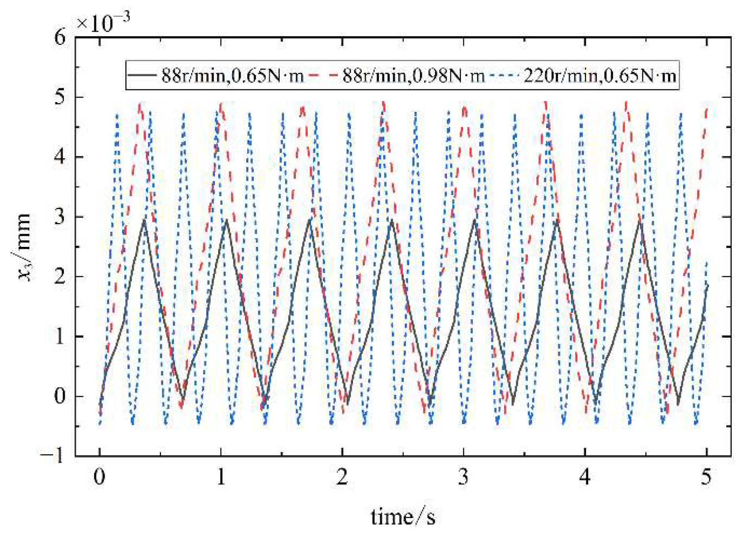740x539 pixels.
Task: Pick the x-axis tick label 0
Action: (x=100, y=477)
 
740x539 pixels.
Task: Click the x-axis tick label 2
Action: (x=342, y=477)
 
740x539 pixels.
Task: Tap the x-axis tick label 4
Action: (x=585, y=477)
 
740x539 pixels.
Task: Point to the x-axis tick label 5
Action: (x=706, y=477)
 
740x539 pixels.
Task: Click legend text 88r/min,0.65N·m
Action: (x=232, y=75)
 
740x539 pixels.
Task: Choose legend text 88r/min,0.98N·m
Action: (x=413, y=75)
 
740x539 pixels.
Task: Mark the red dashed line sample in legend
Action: (x=323, y=75)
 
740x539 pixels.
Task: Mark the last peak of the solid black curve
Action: (x=640, y=222)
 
